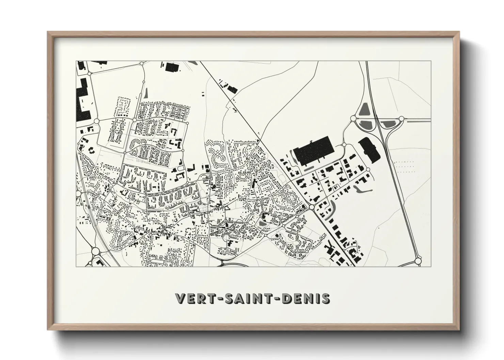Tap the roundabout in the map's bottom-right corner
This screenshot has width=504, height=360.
pos(418,261)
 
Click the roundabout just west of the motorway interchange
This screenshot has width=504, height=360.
pos(353,118)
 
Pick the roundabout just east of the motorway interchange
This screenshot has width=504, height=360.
pos(402,119)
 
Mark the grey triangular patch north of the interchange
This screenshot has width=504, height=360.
pos(363,108)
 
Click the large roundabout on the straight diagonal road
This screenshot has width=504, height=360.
pos(312,207)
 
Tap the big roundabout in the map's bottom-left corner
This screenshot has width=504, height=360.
pos(95,251)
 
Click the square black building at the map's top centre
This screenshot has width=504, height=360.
pos(172,67)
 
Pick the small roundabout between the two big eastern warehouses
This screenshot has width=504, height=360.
pos(344,145)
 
